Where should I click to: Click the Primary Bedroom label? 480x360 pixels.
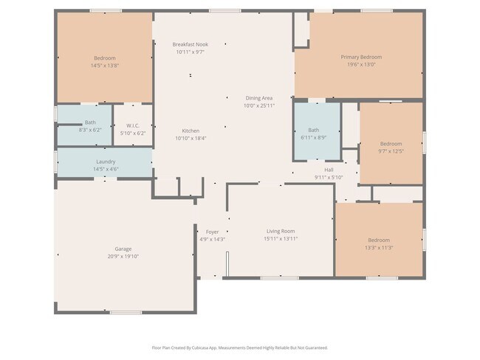361,57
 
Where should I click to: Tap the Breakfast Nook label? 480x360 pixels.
191,44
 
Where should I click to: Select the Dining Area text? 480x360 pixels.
259,98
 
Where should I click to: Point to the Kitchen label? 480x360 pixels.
191,131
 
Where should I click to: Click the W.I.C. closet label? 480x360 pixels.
133,125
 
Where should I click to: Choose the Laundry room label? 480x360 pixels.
106,162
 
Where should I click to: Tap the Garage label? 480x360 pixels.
123,249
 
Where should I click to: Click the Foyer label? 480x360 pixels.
212,232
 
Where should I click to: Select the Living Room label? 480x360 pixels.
281,232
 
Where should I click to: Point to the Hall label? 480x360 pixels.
329,170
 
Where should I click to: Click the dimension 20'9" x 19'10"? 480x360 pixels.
123,257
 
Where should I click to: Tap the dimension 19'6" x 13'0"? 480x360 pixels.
361,64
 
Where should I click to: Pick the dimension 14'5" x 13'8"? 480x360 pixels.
104,66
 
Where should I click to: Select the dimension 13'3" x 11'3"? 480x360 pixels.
379,248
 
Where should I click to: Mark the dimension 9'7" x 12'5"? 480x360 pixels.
391,151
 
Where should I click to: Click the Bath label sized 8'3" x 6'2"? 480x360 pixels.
90,122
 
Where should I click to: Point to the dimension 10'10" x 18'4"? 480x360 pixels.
191,138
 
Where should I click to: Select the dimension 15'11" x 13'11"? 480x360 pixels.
281,239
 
